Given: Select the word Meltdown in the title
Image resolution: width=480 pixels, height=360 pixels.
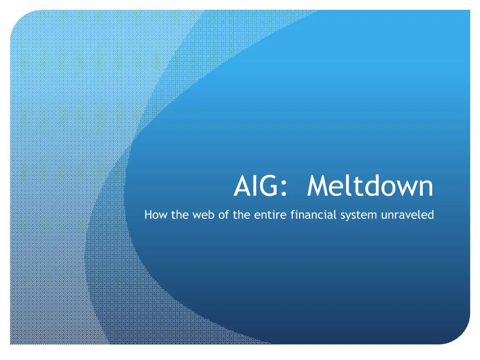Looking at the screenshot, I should point(370,187).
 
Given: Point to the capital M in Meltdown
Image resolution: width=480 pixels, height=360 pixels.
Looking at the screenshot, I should point(317,187).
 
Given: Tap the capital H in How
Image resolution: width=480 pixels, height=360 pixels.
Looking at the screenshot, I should point(148,215).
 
